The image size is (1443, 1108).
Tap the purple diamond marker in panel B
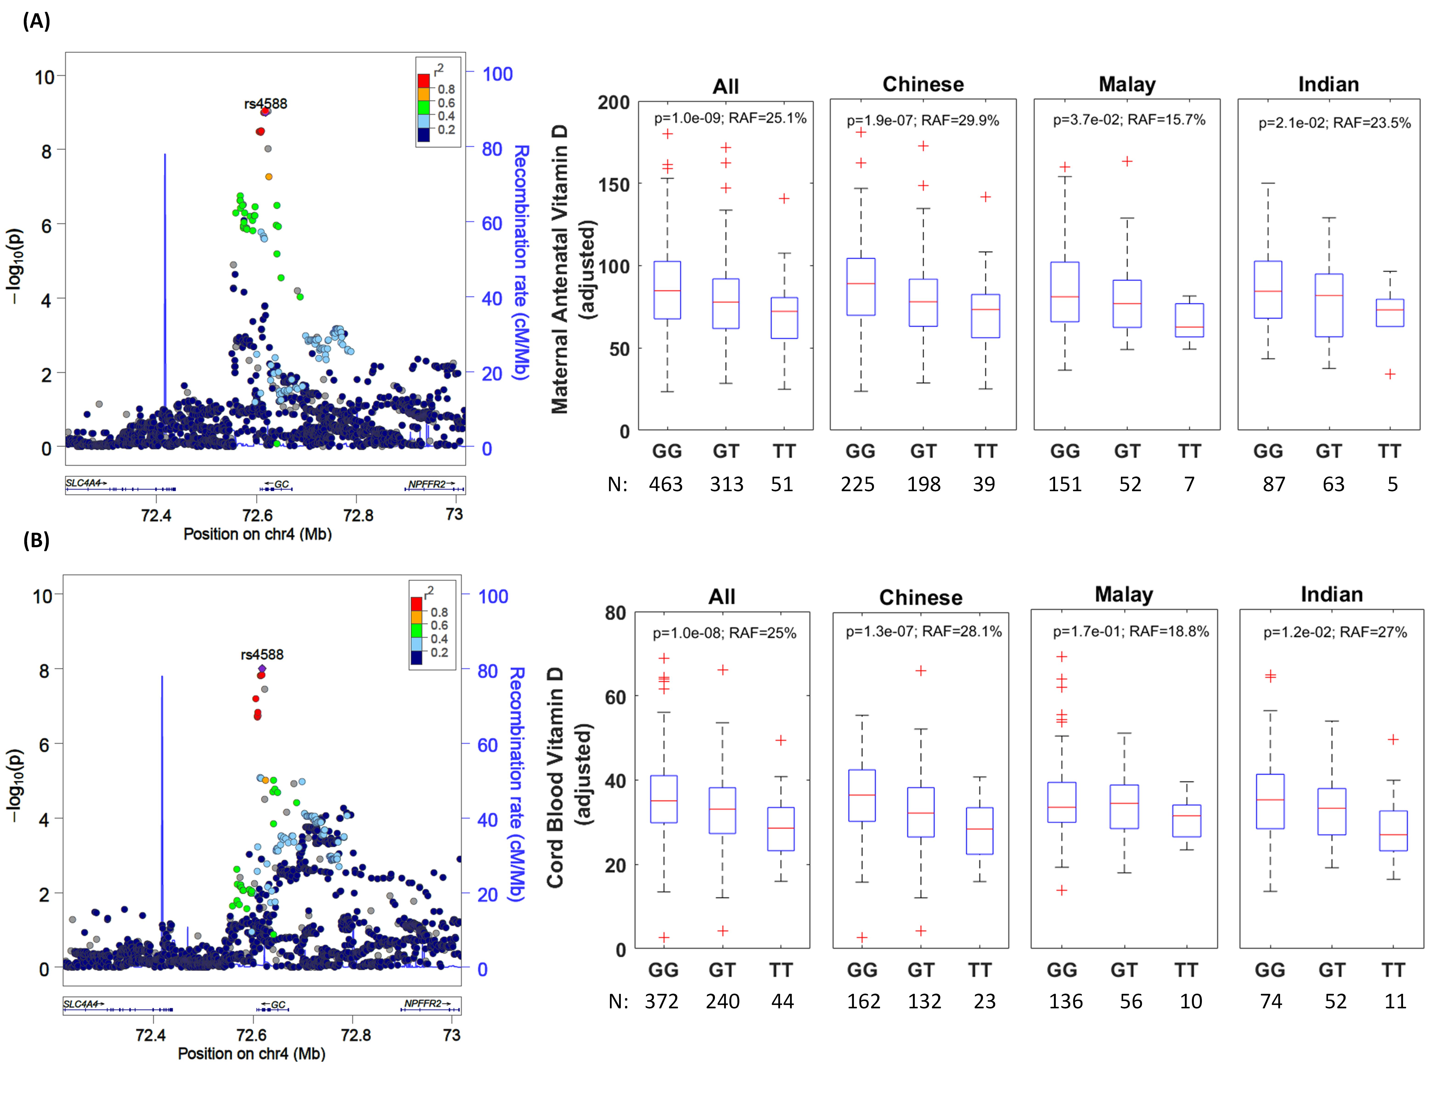[x=262, y=669]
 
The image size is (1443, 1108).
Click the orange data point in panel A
[x=268, y=177]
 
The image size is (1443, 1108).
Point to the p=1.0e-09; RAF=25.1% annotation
[x=729, y=118]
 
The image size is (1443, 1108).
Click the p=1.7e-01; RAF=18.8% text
[x=1130, y=632]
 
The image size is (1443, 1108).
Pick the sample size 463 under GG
[x=665, y=485]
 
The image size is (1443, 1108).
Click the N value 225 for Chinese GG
[x=857, y=485]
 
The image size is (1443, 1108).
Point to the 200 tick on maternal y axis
[x=613, y=103]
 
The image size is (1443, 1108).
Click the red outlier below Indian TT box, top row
[x=1389, y=374]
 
